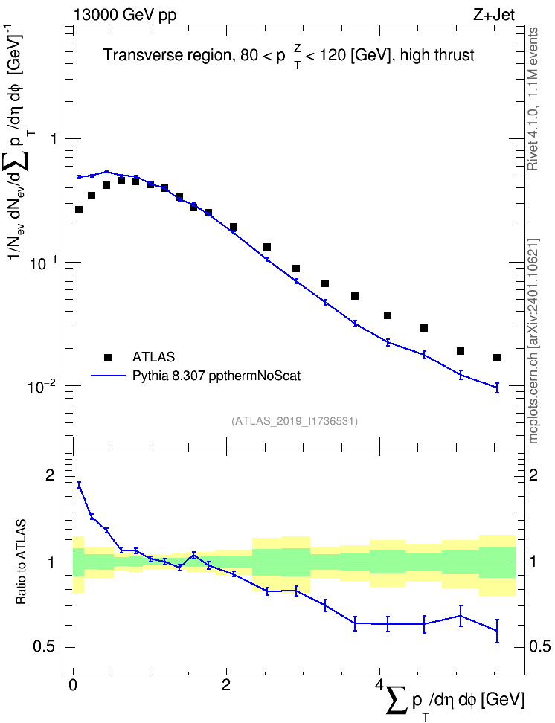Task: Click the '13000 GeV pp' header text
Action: pyautogui.click(x=124, y=15)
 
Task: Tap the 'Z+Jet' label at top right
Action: pyautogui.click(x=494, y=15)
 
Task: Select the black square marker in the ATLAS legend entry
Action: pyautogui.click(x=108, y=357)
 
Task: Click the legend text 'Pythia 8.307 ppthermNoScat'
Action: pyautogui.click(x=216, y=376)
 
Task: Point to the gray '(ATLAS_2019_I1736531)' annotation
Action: pyautogui.click(x=295, y=421)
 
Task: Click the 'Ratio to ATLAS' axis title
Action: pyautogui.click(x=21, y=562)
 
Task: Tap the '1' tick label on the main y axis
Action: pyautogui.click(x=54, y=139)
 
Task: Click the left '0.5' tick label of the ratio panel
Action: pyautogui.click(x=43, y=647)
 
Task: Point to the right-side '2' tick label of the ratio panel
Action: pyautogui.click(x=533, y=475)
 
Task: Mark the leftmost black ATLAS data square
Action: pyautogui.click(x=78, y=210)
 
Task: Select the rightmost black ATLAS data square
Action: pyautogui.click(x=497, y=358)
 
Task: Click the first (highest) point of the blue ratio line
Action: pyautogui.click(x=79, y=484)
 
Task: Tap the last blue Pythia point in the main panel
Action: pyautogui.click(x=497, y=388)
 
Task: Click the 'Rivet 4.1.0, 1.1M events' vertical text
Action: pyautogui.click(x=533, y=99)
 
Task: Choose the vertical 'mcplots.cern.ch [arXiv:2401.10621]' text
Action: pyautogui.click(x=533, y=341)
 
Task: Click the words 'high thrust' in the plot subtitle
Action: pyautogui.click(x=437, y=55)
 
